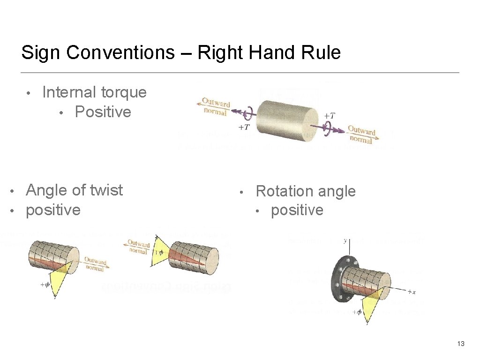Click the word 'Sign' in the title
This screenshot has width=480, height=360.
coord(41,52)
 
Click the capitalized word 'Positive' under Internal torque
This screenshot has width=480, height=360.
coord(103,112)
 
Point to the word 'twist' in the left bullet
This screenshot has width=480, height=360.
coord(106,190)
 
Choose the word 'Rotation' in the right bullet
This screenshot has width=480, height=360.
coord(285,191)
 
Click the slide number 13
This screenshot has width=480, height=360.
coord(460,344)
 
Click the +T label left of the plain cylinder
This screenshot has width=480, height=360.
coord(244,127)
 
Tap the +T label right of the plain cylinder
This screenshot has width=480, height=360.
coord(330,115)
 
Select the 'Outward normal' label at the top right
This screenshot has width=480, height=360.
coord(361,135)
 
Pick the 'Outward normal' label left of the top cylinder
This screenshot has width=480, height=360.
coord(216,106)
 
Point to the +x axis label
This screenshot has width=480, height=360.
coord(411,292)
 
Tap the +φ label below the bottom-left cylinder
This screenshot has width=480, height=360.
coord(45,284)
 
